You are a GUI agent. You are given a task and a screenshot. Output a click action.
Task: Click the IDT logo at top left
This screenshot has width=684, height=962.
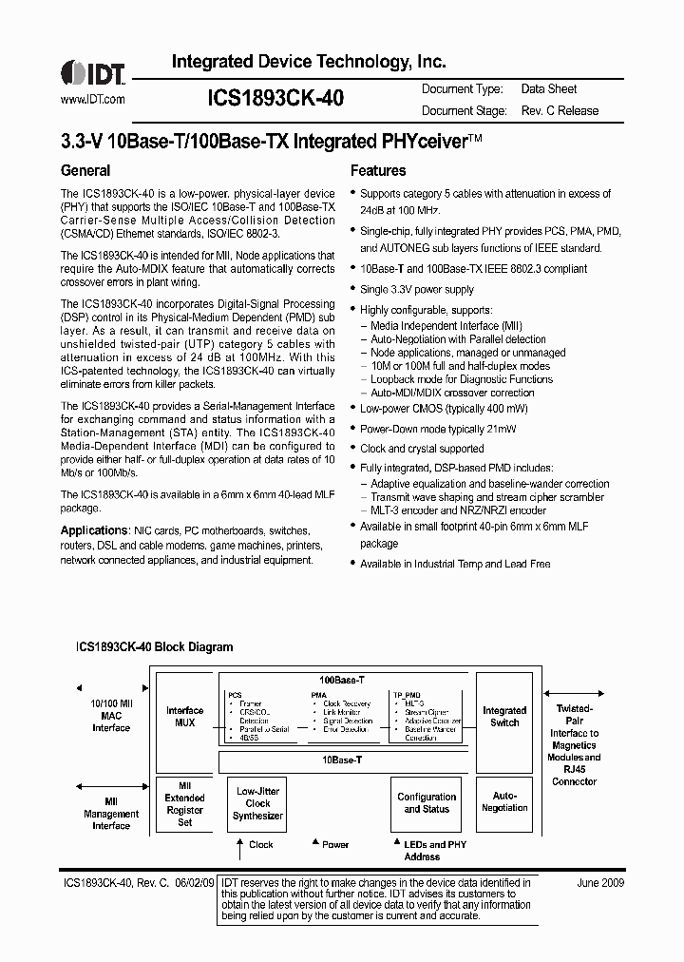coord(92,72)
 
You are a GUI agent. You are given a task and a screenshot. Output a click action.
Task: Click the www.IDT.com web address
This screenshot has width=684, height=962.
coord(92,99)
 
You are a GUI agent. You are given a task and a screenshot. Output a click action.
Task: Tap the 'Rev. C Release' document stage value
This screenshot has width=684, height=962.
coord(560,111)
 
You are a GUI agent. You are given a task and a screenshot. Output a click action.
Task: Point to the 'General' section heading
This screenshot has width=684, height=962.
coord(85,171)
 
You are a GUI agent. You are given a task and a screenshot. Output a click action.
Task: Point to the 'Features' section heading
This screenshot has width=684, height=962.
coord(378,171)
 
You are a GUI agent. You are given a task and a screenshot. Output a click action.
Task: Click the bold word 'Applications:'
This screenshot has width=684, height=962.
coord(95,530)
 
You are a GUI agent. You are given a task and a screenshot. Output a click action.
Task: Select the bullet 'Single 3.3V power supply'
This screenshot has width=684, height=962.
coord(416,290)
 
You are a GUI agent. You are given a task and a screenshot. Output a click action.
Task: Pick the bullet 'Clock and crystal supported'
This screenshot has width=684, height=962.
coord(422,449)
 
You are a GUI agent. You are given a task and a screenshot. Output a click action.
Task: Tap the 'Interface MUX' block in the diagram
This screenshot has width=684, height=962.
coord(185,717)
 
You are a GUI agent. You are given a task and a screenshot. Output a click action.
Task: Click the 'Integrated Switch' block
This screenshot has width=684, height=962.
coord(504,716)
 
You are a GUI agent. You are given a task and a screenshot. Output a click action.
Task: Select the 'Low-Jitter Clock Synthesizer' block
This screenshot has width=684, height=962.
coord(258,803)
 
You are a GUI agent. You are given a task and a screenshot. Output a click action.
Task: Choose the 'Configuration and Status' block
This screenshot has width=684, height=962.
coord(427,803)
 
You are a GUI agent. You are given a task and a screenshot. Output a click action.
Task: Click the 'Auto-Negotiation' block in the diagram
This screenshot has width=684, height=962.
coord(504,802)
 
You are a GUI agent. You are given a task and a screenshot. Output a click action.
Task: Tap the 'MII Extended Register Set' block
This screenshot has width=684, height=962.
coord(185,803)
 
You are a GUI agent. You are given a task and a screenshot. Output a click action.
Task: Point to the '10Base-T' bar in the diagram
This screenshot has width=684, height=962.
coord(342,761)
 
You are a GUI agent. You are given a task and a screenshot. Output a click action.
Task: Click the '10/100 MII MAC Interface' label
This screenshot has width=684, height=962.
coord(111,716)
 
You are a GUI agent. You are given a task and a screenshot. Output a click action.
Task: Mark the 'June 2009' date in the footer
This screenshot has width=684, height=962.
coord(600,883)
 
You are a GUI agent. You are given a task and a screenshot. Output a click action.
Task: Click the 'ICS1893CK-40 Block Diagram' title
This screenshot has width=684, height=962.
coord(154,647)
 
